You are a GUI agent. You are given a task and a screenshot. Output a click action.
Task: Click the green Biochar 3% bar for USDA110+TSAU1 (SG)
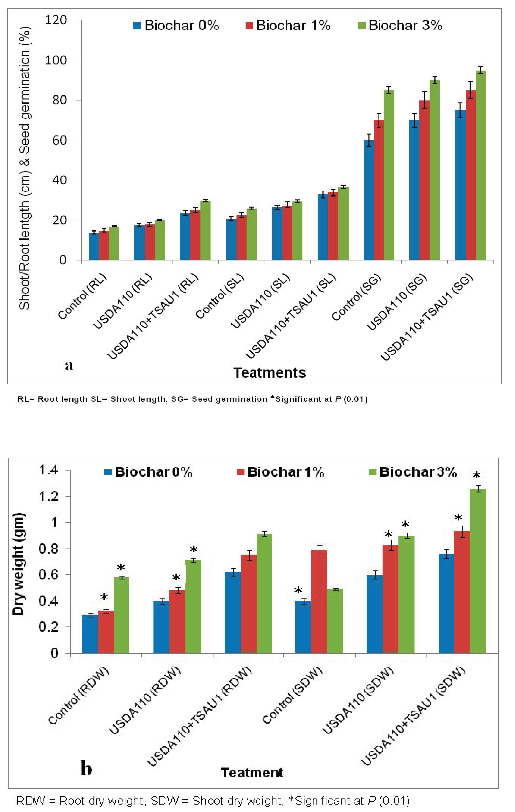481,165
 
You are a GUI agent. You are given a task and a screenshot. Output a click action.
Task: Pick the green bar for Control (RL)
114,243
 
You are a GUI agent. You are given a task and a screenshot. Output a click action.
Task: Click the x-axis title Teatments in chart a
269,373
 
